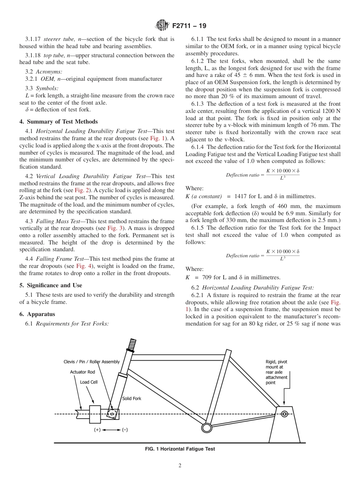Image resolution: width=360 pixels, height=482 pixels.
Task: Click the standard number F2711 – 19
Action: click(x=189, y=26)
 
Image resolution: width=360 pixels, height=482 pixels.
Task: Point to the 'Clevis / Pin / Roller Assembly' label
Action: click(x=91, y=362)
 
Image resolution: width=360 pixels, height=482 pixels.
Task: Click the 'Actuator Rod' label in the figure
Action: click(x=82, y=372)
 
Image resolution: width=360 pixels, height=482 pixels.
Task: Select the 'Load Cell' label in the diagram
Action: click(x=88, y=382)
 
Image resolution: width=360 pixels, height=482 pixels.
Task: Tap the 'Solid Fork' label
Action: click(x=131, y=399)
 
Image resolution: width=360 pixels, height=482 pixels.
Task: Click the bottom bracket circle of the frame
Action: click(x=206, y=428)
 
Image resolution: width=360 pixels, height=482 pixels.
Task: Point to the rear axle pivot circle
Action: click(x=284, y=414)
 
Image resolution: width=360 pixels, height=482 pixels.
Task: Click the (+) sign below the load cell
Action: click(x=97, y=430)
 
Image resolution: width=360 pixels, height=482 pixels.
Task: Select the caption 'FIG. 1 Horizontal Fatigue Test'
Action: click(x=180, y=449)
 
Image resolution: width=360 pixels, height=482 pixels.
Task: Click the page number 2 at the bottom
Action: click(x=180, y=466)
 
